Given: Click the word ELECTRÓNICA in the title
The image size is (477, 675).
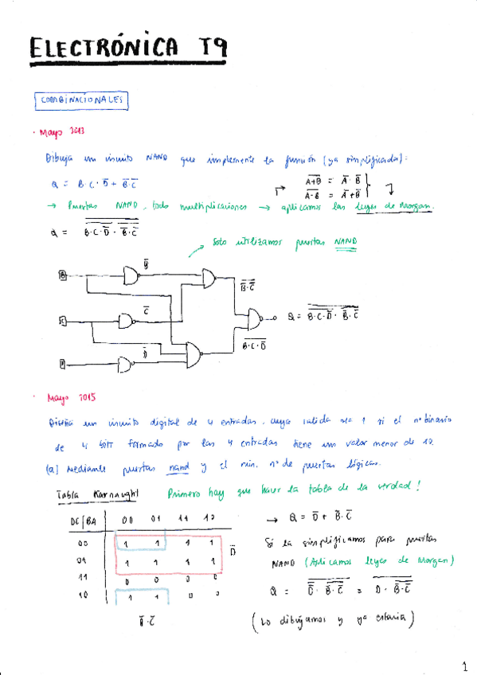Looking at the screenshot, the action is pyautogui.click(x=104, y=49).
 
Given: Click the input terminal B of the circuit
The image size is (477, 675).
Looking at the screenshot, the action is pyautogui.click(x=63, y=275).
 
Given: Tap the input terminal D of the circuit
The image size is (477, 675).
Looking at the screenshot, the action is pyautogui.click(x=62, y=364).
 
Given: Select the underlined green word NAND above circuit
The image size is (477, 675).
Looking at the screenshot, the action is pyautogui.click(x=345, y=240).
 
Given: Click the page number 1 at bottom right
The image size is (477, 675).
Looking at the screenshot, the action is pyautogui.click(x=463, y=664).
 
